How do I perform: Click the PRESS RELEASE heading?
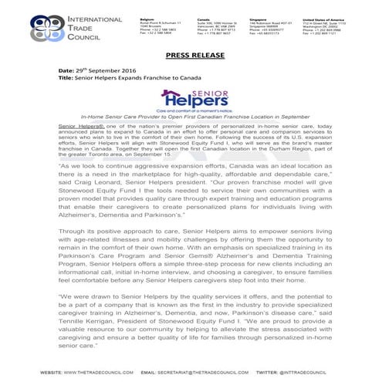[x=191, y=56]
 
